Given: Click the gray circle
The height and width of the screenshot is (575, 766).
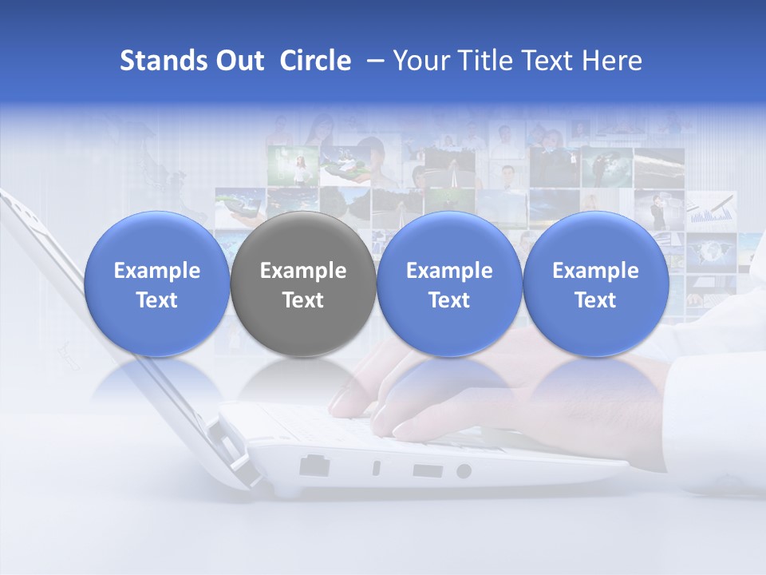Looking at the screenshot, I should click(x=303, y=284).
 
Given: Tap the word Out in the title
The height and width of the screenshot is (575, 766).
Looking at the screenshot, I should click(x=238, y=61).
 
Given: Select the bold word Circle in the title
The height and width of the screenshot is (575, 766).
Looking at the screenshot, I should click(x=315, y=61).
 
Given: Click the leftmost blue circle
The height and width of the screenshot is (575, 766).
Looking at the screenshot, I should click(x=157, y=284).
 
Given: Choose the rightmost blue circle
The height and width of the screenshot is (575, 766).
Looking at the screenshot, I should click(x=596, y=284).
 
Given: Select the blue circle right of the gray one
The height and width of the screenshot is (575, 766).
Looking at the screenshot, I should click(x=449, y=284).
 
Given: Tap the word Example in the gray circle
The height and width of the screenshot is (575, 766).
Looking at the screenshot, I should click(x=303, y=271).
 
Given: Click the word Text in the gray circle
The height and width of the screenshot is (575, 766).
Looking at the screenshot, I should click(x=303, y=300).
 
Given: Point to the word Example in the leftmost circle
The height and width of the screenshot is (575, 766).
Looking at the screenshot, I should click(x=157, y=271).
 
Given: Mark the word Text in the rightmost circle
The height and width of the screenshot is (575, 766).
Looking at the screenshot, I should click(x=596, y=300).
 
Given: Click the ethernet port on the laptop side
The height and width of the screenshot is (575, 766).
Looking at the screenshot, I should click(x=314, y=466).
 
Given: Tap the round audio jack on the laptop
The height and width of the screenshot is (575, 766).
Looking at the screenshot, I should click(x=464, y=471).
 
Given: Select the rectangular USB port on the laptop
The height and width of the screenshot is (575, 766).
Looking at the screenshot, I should click(x=428, y=470).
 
